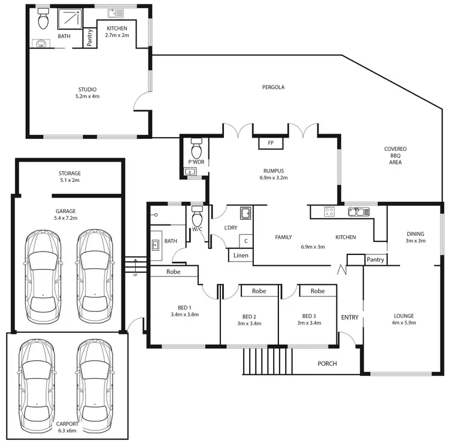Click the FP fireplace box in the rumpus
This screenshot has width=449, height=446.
point(271,143)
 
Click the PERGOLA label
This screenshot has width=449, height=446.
point(273,87)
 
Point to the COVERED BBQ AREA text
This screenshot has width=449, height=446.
point(396,155)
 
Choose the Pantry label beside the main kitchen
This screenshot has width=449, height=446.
point(375,260)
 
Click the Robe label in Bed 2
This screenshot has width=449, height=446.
point(259,291)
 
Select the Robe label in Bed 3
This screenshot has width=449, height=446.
point(317,291)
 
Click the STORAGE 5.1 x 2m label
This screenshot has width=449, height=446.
point(69,177)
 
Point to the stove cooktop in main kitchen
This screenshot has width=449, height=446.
point(329,211)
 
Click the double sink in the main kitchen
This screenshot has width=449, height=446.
point(360,211)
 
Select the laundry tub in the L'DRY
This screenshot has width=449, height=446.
point(245,214)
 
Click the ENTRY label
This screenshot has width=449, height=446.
point(349,317)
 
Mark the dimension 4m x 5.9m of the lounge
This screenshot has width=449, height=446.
point(404,324)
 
